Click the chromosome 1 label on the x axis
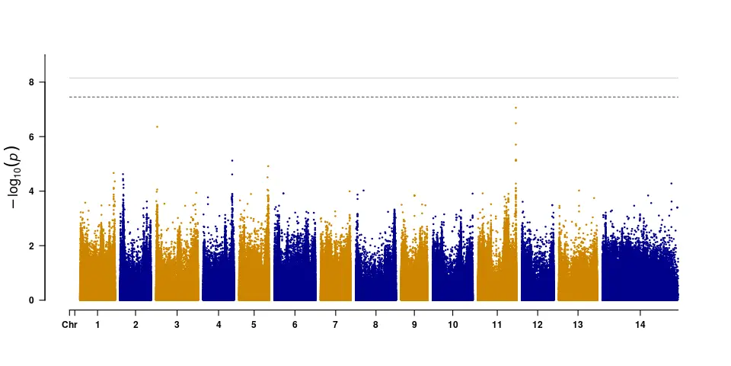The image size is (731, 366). [97, 325]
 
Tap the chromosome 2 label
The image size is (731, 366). [136, 325]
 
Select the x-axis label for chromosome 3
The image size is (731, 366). [177, 325]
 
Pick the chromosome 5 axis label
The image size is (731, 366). [254, 325]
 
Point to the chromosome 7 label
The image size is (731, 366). [335, 325]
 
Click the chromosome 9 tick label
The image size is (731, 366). [414, 325]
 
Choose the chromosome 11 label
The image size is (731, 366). [497, 325]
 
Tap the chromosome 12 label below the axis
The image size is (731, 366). [538, 325]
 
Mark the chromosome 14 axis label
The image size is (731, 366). [640, 325]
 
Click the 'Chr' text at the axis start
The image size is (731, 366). [69, 325]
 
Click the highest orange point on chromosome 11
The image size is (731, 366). [516, 108]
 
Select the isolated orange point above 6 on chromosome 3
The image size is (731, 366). [157, 127]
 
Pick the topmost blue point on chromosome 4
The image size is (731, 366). [232, 161]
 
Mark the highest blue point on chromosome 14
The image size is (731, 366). [671, 183]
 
